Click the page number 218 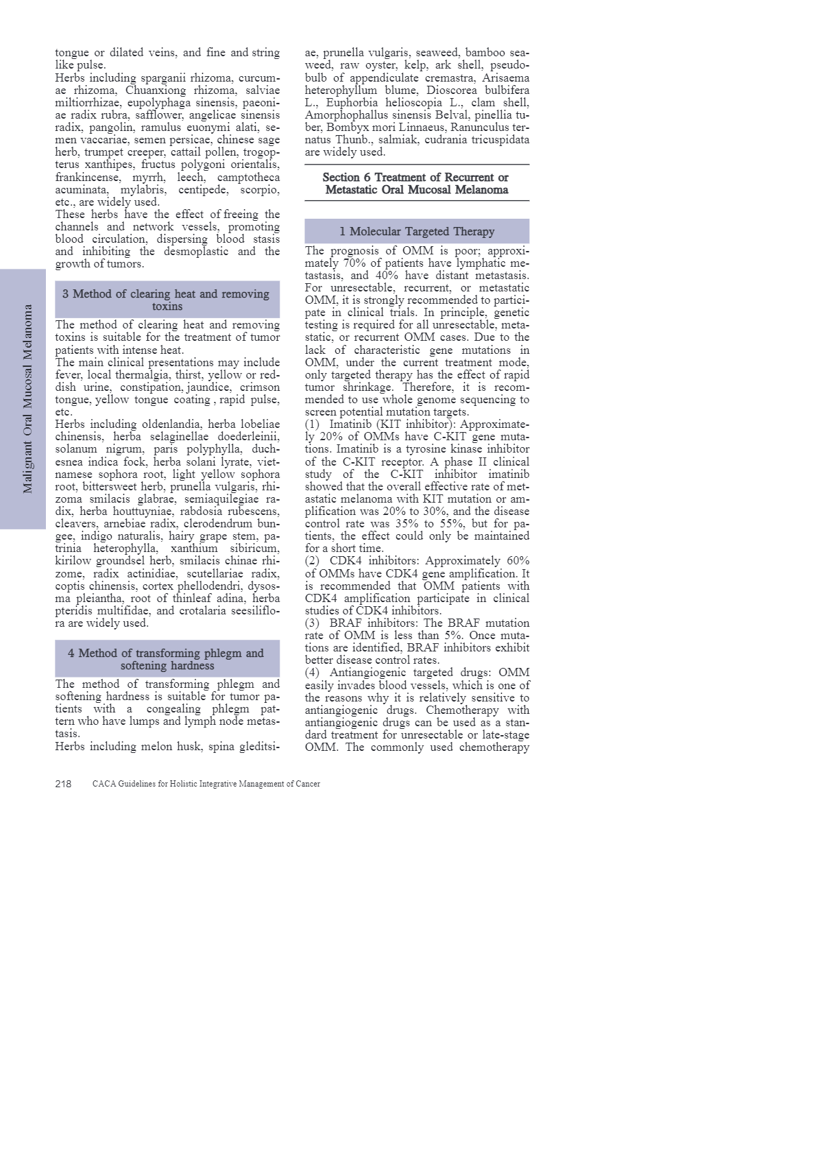click(63, 784)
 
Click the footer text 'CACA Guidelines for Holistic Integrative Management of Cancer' click(206, 784)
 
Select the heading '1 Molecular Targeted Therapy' click(417, 231)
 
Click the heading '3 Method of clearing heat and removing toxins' click(167, 300)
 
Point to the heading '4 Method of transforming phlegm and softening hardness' click(167, 659)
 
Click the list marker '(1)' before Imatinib click(313, 424)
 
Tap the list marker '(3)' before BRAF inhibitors click(313, 623)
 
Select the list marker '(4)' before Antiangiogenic click(313, 673)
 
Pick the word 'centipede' click(203, 190)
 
